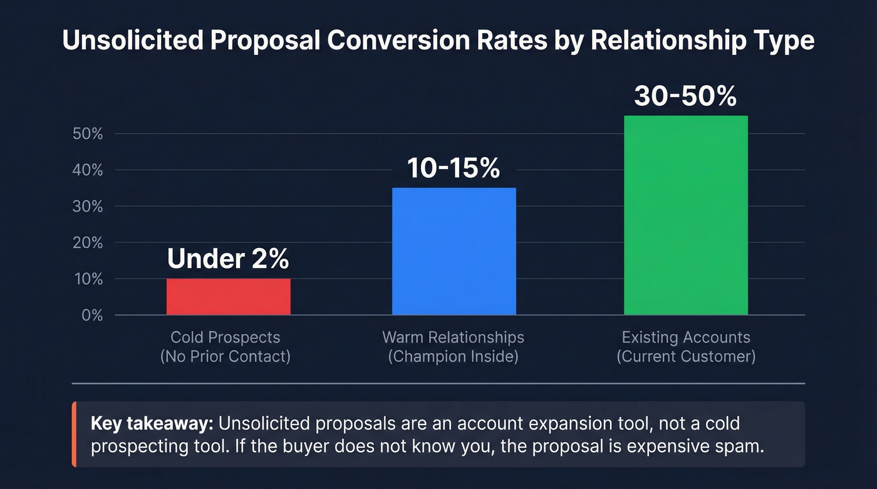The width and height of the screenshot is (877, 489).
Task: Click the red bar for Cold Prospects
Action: [x=228, y=297]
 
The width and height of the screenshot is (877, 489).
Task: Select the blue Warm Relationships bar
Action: [x=454, y=251]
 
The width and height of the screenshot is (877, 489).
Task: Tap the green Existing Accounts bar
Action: [x=685, y=215]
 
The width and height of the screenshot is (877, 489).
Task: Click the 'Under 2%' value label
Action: [x=228, y=259]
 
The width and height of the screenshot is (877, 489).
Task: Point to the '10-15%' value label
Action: [x=454, y=168]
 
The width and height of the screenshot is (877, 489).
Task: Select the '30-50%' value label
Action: [x=685, y=96]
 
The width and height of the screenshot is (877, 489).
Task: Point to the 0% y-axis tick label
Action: [x=91, y=316]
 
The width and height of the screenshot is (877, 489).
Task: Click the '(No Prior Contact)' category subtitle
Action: [x=226, y=357]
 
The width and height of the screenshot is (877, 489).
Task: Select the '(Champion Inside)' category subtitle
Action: [x=453, y=357]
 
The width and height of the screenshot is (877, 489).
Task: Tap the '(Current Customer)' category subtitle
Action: [x=685, y=357]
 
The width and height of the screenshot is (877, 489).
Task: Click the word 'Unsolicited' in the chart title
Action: [x=131, y=41]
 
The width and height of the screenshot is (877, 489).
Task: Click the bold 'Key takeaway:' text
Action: [x=152, y=423]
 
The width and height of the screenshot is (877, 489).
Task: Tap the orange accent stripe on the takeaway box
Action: [x=74, y=435]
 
